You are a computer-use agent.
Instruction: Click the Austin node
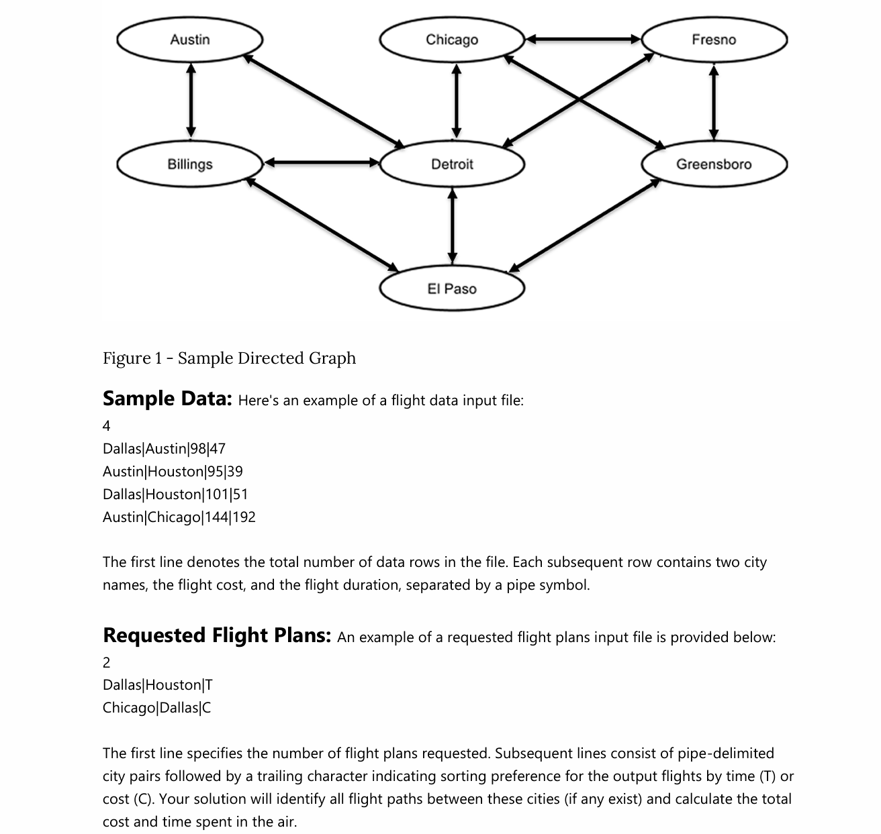(x=190, y=40)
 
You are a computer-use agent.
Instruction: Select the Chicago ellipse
(x=452, y=40)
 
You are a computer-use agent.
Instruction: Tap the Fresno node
(x=714, y=40)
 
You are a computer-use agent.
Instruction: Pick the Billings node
(x=190, y=164)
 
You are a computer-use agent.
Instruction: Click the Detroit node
(x=452, y=164)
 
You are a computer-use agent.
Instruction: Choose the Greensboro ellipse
(x=714, y=164)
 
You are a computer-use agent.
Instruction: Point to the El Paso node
(x=452, y=289)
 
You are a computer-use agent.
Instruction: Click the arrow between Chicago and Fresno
(x=583, y=40)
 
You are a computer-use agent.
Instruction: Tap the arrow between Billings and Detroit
(x=321, y=162)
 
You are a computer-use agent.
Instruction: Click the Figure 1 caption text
(x=229, y=358)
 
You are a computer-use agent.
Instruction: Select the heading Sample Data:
(x=167, y=399)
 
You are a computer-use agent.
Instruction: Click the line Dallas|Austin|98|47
(x=164, y=448)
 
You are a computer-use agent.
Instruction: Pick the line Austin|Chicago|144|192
(x=179, y=517)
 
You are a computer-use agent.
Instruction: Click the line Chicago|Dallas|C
(x=156, y=707)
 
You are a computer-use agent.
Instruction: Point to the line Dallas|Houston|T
(x=157, y=684)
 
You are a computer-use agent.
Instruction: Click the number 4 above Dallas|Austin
(x=107, y=425)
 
